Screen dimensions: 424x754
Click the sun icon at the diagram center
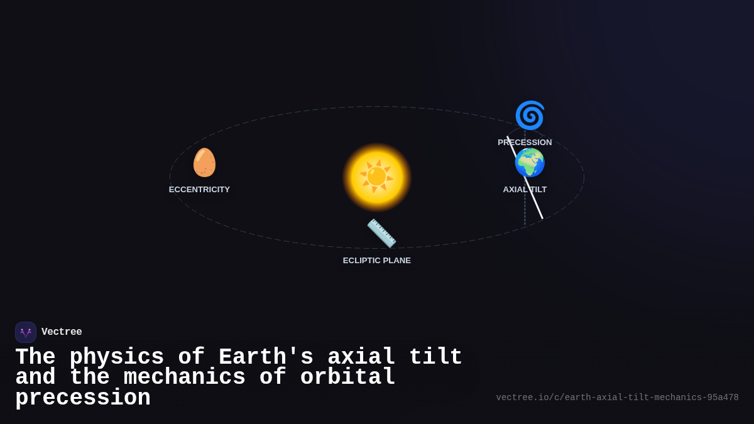coord(377,177)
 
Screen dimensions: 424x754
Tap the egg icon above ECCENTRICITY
coord(204,163)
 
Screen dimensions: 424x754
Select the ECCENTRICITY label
coord(199,190)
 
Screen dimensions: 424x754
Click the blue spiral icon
coord(530,116)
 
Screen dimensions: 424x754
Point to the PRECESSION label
coord(525,143)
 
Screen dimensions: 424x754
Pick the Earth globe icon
coord(530,163)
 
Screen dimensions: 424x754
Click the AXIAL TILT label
coord(525,190)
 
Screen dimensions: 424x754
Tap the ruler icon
coord(381,233)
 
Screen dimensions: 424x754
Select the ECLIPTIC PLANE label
coord(377,261)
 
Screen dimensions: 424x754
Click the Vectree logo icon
coord(26,332)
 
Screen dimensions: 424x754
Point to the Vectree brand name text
coord(62,332)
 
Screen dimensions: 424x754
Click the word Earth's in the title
coord(266,357)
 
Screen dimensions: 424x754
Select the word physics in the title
coord(116,357)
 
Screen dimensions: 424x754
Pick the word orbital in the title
coord(347,378)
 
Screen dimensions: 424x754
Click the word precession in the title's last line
coord(83,398)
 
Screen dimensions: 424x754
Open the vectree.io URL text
coord(617,398)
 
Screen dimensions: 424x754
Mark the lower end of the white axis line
coord(542,218)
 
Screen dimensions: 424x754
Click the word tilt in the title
coord(435,357)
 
